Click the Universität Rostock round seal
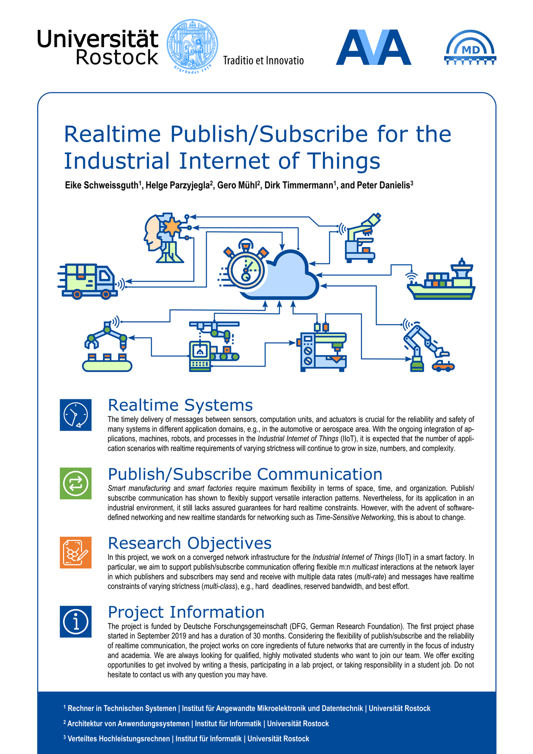point(192,46)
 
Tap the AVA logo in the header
point(373,47)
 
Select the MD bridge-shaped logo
point(470,48)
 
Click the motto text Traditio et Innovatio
point(263,60)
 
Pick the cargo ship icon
point(441,279)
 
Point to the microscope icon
point(362,238)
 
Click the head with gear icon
point(164,238)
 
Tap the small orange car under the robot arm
point(443,366)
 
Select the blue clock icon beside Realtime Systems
point(76,415)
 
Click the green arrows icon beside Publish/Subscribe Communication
point(76,483)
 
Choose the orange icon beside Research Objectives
point(76,552)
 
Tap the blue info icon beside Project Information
point(76,622)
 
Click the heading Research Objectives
point(190,543)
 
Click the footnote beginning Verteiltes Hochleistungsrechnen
point(187,738)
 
